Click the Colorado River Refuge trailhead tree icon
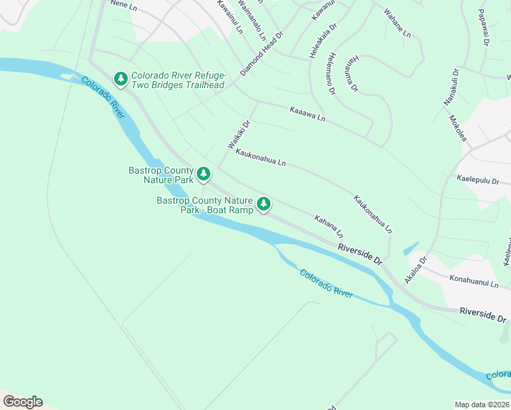(121, 80)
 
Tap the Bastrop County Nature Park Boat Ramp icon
(264, 204)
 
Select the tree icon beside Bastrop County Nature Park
(204, 175)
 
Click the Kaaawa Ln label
(307, 113)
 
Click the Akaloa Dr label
(415, 269)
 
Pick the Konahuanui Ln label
(475, 282)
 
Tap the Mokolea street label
(458, 128)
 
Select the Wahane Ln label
(397, 23)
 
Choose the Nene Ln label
(123, 4)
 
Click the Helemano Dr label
(331, 74)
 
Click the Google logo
(23, 402)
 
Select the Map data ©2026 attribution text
(482, 405)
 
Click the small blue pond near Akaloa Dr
(411, 248)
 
